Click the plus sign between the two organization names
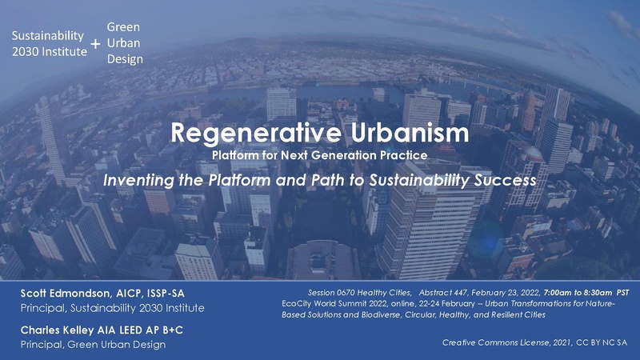tap(95, 44)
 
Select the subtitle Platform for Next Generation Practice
tap(319, 152)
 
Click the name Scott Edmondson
tap(64, 294)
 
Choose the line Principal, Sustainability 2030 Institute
tap(112, 308)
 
